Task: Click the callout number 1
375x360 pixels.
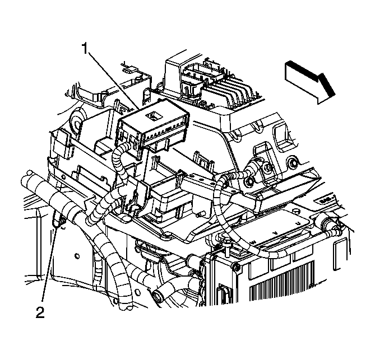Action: (85, 49)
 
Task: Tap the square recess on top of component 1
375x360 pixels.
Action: (152, 116)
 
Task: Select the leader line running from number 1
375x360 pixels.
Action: (112, 79)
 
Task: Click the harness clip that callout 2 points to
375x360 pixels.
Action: (60, 221)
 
